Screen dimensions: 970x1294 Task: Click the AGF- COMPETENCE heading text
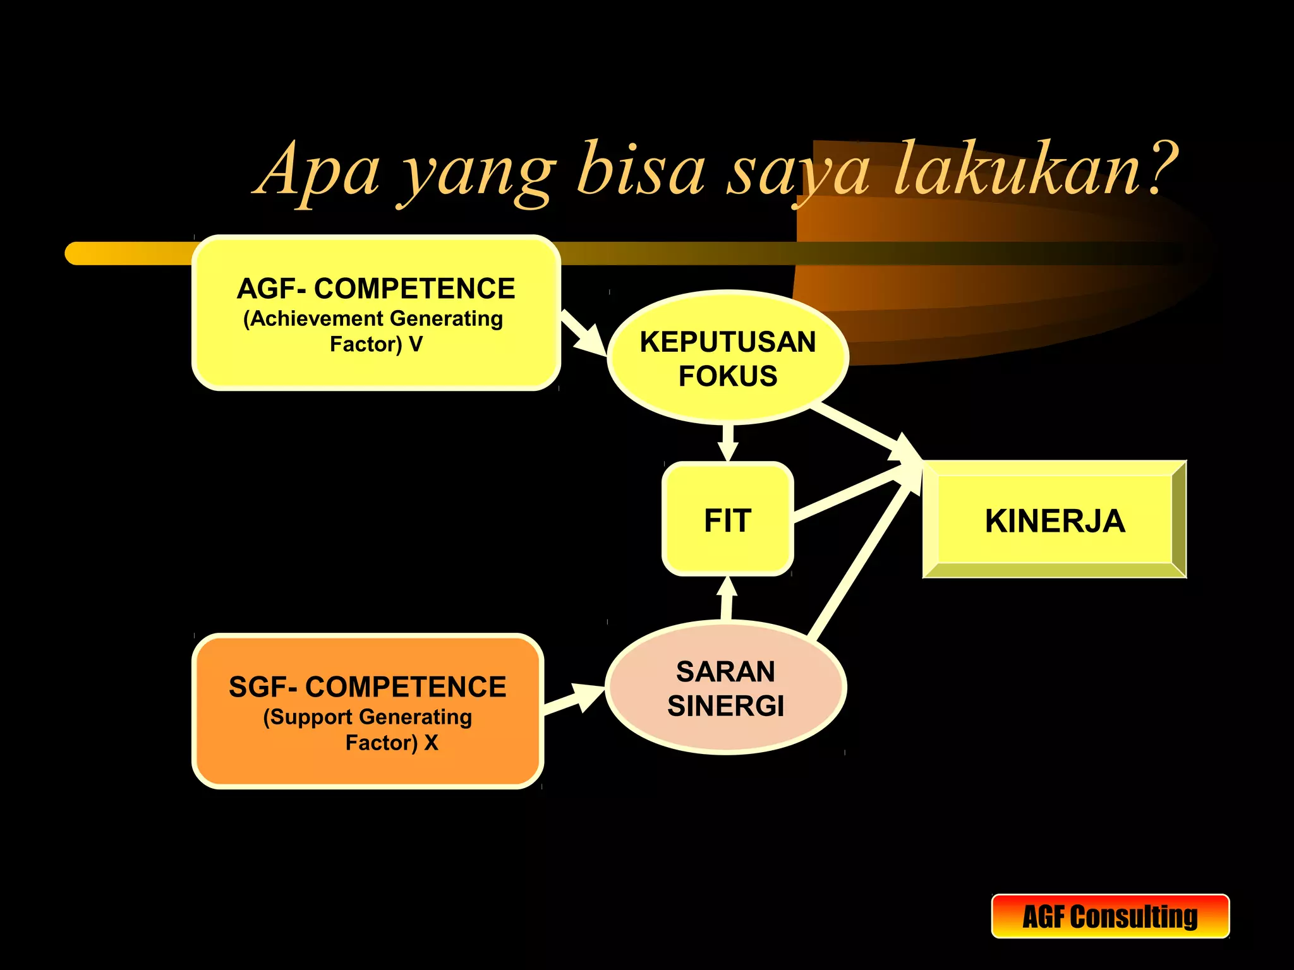click(x=376, y=289)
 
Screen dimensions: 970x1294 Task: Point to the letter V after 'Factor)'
click(x=416, y=344)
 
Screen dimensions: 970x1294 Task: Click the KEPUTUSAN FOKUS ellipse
click(x=728, y=358)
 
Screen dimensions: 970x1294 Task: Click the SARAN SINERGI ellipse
click(x=726, y=688)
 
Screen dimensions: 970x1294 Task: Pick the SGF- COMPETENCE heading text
click(x=367, y=687)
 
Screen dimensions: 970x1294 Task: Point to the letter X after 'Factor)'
click(x=432, y=743)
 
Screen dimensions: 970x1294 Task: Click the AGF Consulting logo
click(x=1110, y=916)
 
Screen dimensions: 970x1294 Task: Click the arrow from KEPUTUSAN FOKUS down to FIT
click(x=728, y=442)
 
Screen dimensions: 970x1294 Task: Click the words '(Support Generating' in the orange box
click(x=367, y=717)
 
